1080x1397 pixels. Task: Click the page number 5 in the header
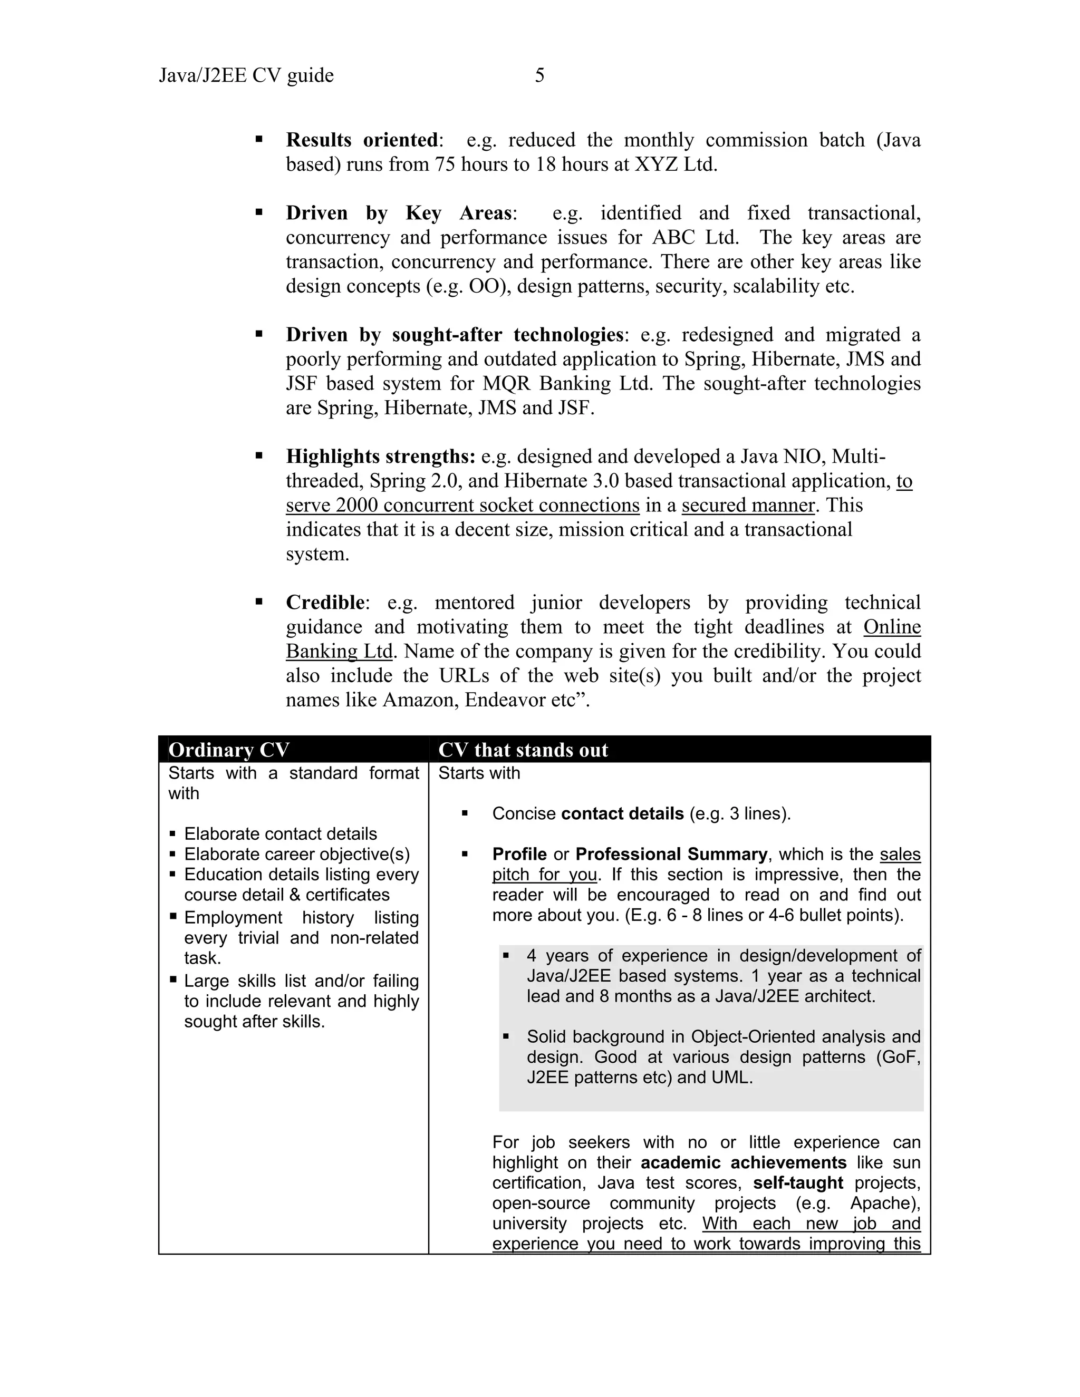click(539, 75)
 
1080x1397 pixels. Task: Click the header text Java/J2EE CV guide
click(246, 75)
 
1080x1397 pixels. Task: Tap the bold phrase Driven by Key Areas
click(399, 213)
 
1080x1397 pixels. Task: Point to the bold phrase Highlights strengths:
click(381, 457)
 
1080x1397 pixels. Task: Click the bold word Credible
click(325, 603)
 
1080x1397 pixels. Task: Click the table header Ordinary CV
click(229, 750)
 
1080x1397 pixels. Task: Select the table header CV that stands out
click(523, 750)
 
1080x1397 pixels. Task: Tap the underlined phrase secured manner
click(748, 506)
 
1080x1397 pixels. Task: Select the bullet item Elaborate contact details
click(280, 834)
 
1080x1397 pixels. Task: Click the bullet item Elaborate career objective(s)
click(297, 855)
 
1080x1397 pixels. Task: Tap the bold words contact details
click(622, 813)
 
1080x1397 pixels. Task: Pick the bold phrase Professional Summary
click(671, 855)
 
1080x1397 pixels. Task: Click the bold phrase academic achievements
click(744, 1163)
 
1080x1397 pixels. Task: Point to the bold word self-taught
click(798, 1183)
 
